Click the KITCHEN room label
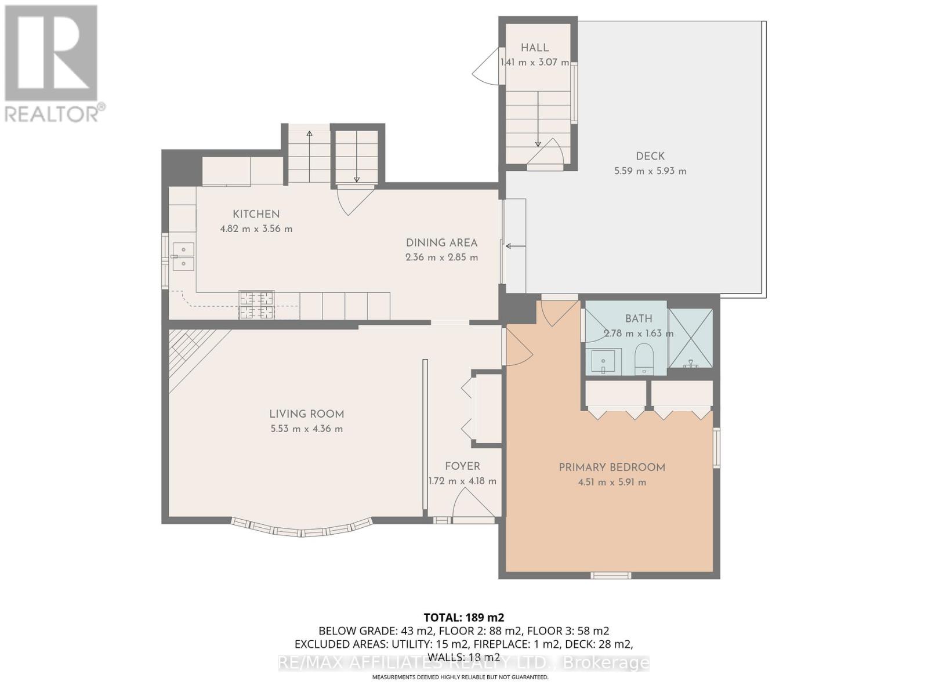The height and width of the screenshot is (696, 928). tap(256, 214)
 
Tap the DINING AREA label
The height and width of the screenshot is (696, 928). tap(441, 243)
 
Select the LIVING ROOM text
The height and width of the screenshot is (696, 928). tap(306, 414)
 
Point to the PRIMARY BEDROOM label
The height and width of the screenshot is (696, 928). tap(612, 467)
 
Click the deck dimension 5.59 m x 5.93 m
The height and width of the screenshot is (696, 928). tap(650, 171)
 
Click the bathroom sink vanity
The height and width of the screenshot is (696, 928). tap(603, 361)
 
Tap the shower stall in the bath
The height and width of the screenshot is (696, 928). tap(691, 338)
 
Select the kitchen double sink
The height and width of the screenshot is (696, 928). tap(184, 256)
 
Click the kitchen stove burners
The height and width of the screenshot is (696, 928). tap(256, 306)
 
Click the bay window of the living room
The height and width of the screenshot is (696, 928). tap(302, 530)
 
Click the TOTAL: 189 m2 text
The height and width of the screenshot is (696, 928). tap(463, 617)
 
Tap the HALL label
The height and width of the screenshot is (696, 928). tap(534, 48)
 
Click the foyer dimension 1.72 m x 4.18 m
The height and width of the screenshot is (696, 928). tap(462, 481)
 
